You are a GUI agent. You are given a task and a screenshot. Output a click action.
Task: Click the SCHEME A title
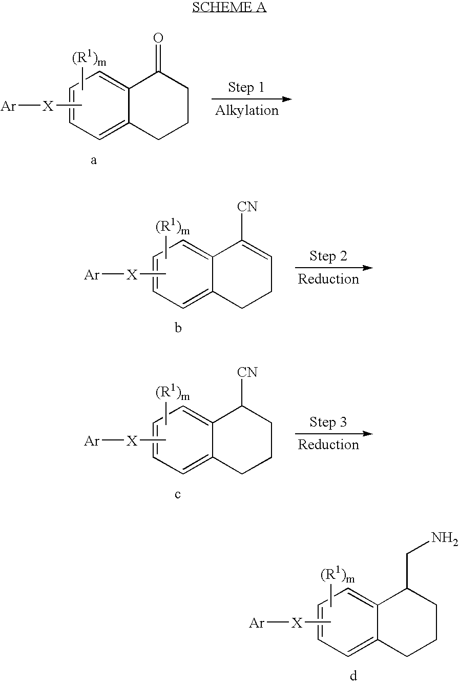point(229,7)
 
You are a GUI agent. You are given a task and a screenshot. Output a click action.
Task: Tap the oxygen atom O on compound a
point(158,38)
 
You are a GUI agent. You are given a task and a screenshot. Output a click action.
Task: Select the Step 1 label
point(246,87)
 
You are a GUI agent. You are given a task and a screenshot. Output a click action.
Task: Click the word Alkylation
point(247,110)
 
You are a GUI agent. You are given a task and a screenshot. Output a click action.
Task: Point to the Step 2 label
point(328,256)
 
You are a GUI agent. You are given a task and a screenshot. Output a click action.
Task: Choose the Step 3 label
point(328,422)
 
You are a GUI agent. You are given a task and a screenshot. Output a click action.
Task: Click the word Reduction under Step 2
point(328,279)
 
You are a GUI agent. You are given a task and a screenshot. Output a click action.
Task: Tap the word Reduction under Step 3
point(328,445)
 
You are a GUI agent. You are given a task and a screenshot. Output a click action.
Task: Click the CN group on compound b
point(247,207)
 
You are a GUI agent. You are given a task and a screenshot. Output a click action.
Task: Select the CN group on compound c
point(247,373)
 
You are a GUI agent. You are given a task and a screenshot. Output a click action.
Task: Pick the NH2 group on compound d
point(444,538)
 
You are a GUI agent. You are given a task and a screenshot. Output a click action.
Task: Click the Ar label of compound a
point(8,106)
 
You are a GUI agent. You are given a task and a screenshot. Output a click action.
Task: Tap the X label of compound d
point(297,622)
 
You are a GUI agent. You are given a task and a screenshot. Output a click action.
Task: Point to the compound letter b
point(178,328)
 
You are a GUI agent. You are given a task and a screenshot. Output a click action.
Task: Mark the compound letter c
point(178,494)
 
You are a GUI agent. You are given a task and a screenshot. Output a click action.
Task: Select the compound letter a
point(94,160)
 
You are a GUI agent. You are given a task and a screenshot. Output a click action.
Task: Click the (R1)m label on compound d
point(337,575)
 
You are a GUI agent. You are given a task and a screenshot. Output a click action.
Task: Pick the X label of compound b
point(132,275)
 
